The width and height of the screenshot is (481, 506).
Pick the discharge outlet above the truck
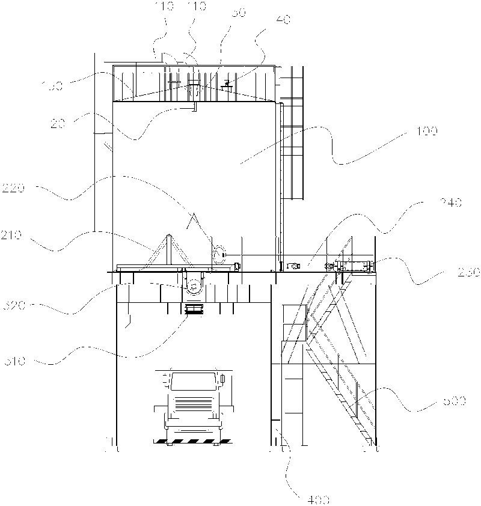194,311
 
